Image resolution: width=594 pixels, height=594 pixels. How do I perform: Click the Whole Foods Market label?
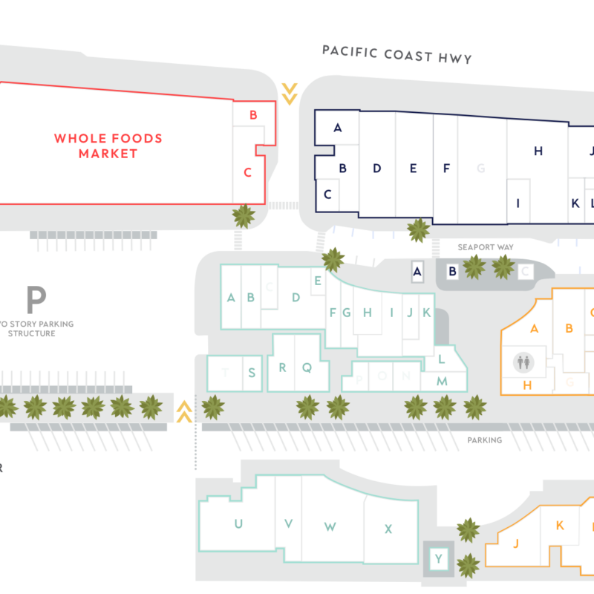tap(108, 146)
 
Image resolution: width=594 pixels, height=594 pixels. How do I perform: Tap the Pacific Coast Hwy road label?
tap(396, 54)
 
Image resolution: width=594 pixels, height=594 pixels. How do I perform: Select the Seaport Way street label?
tap(485, 247)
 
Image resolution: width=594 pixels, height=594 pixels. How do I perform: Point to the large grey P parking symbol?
tap(36, 299)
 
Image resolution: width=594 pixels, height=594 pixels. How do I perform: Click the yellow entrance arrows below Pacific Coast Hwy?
tap(290, 94)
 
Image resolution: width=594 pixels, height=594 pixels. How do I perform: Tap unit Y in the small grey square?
tap(439, 559)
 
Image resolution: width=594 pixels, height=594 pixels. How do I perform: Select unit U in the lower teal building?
tap(238, 523)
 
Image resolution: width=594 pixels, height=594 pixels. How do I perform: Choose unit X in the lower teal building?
tap(388, 529)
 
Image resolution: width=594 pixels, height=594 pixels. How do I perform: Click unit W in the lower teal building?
tap(330, 526)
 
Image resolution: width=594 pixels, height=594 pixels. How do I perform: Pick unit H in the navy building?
tap(538, 151)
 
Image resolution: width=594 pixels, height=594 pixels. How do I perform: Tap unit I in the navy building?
tap(518, 203)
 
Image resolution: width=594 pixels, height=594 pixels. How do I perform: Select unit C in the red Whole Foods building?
tap(248, 172)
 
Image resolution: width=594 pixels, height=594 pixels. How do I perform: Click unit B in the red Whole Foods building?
tap(253, 115)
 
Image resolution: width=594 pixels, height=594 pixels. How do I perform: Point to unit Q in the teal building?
tap(306, 367)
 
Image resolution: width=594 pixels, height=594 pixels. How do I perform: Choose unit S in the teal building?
tap(252, 373)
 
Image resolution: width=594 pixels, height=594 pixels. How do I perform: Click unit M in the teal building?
tap(442, 381)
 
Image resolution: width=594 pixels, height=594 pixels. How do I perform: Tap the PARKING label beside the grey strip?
tap(484, 440)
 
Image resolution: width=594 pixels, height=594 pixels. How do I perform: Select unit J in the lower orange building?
tap(515, 543)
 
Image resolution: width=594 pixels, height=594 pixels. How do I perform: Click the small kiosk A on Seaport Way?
tap(417, 272)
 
